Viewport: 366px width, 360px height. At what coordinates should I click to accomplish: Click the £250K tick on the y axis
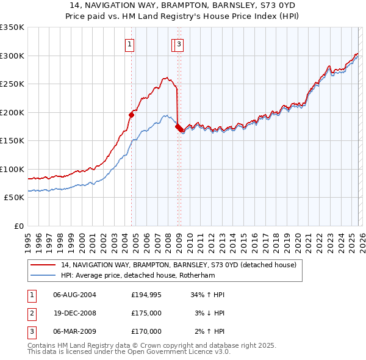coord(12,84)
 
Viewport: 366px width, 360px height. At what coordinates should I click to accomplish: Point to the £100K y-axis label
coord(12,169)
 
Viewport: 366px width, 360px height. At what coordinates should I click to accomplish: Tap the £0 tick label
coord(19,226)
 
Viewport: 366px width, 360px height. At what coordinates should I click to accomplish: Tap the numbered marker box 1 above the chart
coord(131,43)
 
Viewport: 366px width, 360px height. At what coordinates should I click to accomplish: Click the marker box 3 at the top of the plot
coord(179,43)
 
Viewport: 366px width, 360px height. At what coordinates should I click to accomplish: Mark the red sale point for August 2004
coord(131,115)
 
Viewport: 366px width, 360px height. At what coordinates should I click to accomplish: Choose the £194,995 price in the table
coord(146,295)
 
